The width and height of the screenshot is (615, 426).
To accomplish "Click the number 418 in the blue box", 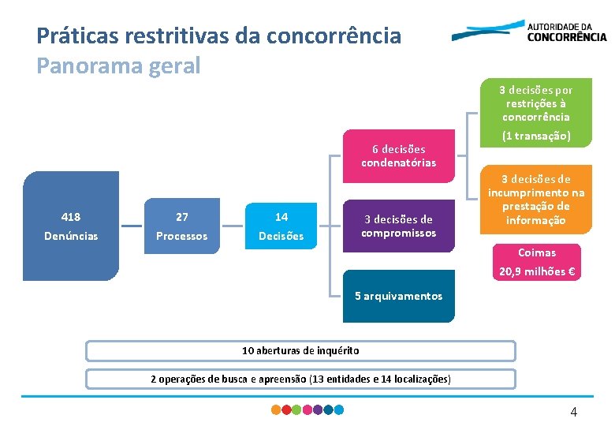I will pyautogui.click(x=70, y=217).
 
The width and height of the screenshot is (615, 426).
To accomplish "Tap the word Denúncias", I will pyautogui.click(x=71, y=236).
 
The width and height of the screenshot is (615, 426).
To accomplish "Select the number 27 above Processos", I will pyautogui.click(x=181, y=217).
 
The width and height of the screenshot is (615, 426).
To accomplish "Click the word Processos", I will pyautogui.click(x=181, y=236).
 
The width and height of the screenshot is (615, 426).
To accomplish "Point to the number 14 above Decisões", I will pyautogui.click(x=281, y=217).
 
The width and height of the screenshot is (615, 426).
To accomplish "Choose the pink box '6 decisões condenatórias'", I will pyautogui.click(x=398, y=155).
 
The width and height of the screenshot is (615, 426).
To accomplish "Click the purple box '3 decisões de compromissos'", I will pyautogui.click(x=398, y=226).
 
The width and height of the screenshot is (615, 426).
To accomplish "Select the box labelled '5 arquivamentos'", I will pyautogui.click(x=398, y=296).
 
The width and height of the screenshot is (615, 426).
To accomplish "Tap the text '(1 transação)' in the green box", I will pyautogui.click(x=536, y=136).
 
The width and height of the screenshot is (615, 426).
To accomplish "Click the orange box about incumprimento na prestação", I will pyautogui.click(x=536, y=200).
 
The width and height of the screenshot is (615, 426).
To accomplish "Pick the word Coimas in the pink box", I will pyautogui.click(x=536, y=252).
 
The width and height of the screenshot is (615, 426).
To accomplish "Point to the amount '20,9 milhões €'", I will pyautogui.click(x=536, y=272).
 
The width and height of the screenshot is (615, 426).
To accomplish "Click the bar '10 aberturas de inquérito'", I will pyautogui.click(x=300, y=350).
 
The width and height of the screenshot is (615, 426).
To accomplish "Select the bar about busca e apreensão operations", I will pyautogui.click(x=300, y=379).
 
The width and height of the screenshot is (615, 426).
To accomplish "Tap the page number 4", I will pyautogui.click(x=573, y=412).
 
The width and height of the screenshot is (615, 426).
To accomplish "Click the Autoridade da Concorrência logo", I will pyautogui.click(x=529, y=32).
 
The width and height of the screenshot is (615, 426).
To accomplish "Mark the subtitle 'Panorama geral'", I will pyautogui.click(x=118, y=65).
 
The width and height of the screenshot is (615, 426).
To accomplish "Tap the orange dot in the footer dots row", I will pyautogui.click(x=276, y=410).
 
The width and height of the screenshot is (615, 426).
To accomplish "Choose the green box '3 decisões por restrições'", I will pyautogui.click(x=536, y=103).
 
